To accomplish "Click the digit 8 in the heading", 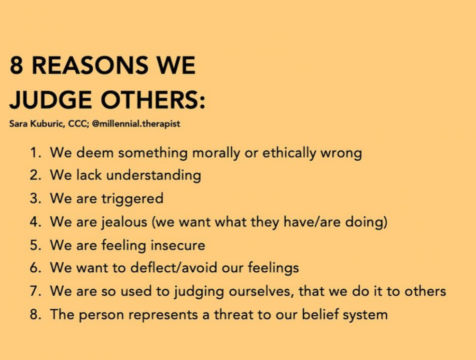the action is [x=16, y=65].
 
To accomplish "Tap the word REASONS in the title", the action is [x=90, y=65].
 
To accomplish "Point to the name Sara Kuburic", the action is [x=36, y=124].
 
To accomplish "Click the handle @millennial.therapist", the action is [x=136, y=124].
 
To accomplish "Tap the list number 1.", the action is [x=35, y=152].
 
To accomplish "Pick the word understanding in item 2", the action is [x=154, y=176].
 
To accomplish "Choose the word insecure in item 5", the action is [x=178, y=245].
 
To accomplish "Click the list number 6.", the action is [x=35, y=268].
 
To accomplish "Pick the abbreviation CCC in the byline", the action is [x=77, y=124].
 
